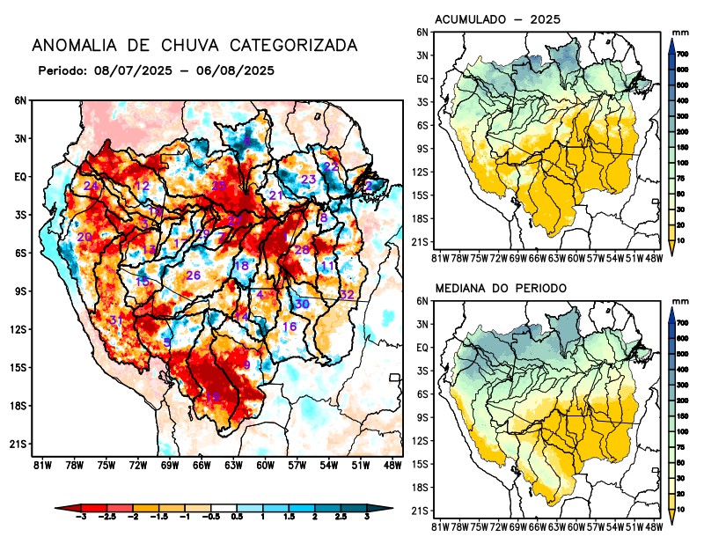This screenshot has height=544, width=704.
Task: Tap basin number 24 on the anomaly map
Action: coord(91,187)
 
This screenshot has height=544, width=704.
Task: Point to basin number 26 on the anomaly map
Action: coord(194,276)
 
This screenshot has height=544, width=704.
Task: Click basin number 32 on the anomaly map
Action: coord(347,294)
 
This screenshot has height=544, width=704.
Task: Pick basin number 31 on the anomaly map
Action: coord(115,320)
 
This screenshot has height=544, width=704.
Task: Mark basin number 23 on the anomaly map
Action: coord(309,180)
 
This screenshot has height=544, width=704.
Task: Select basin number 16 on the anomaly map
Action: coord(289,327)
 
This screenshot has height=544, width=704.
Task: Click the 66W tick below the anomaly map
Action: coord(201,465)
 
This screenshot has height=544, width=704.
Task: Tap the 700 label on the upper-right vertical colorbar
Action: coord(682,54)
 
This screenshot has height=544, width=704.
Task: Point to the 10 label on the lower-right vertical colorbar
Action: coord(682,510)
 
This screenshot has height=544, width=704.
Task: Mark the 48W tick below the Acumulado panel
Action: coord(654,257)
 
